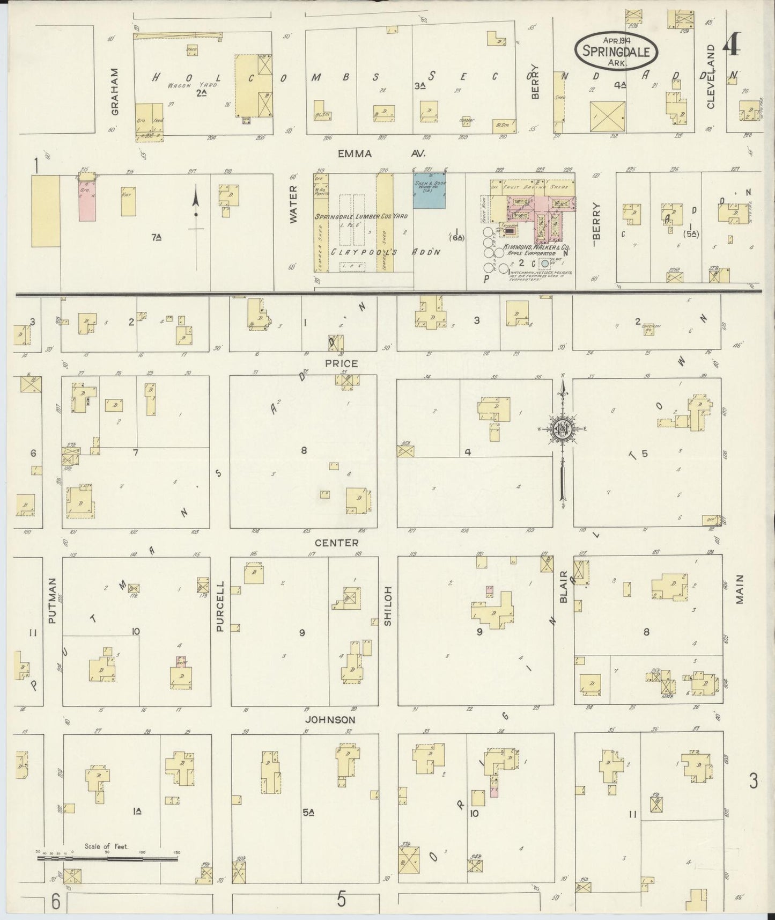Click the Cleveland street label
[x=711, y=77]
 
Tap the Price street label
[x=341, y=363]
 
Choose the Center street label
[x=336, y=543]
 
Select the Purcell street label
[x=220, y=606]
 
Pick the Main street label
[x=740, y=589]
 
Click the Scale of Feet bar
[x=107, y=858]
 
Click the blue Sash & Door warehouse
[x=429, y=191]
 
